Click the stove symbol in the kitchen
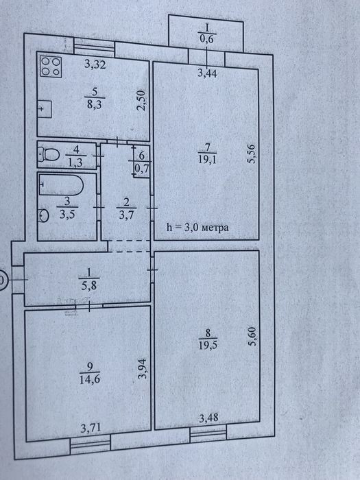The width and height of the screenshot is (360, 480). coord(51,67)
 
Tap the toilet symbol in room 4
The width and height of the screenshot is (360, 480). coord(49,154)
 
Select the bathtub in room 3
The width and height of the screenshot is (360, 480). coord(61,184)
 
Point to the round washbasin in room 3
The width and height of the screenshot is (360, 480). coord(44,215)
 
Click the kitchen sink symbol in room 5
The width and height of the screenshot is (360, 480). coord(45,109)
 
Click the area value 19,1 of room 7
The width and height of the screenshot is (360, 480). coord(207,160)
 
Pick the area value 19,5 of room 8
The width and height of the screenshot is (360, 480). coord(208,345)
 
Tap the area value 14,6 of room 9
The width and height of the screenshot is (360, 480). coord(90,380)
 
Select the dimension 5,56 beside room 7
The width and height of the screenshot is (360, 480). coord(252,154)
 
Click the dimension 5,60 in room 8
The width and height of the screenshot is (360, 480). coord(253,337)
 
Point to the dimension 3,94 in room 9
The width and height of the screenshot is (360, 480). coord(143,369)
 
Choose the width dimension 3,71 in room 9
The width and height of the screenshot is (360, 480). coord(91,427)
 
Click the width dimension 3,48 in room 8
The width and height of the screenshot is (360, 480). coord(208,418)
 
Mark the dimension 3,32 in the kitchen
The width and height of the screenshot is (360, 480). coord(95,64)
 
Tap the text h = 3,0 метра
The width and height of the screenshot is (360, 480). coord(197,228)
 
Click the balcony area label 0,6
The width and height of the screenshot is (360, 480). coord(206,39)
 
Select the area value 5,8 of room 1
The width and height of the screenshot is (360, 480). coord(89,286)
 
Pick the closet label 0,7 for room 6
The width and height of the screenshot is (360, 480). coord(142,169)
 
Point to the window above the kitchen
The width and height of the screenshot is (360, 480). coord(95,46)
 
